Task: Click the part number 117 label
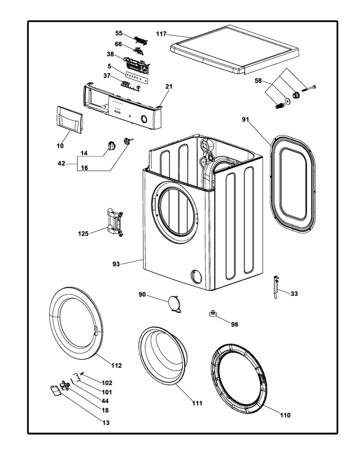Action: (161, 34)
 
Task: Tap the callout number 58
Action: (258, 81)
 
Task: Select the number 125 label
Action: (83, 233)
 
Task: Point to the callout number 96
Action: (234, 324)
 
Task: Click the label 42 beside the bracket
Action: (61, 163)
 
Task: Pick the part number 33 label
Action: (294, 294)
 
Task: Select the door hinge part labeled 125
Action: (115, 222)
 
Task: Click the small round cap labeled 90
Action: (174, 304)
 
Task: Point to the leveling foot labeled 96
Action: (213, 314)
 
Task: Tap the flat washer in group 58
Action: (288, 101)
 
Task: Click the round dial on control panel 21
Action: (143, 120)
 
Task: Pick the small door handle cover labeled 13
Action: (55, 390)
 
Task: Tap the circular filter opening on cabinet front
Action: (196, 277)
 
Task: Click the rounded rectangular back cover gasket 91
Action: (293, 184)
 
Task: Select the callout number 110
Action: (285, 415)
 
